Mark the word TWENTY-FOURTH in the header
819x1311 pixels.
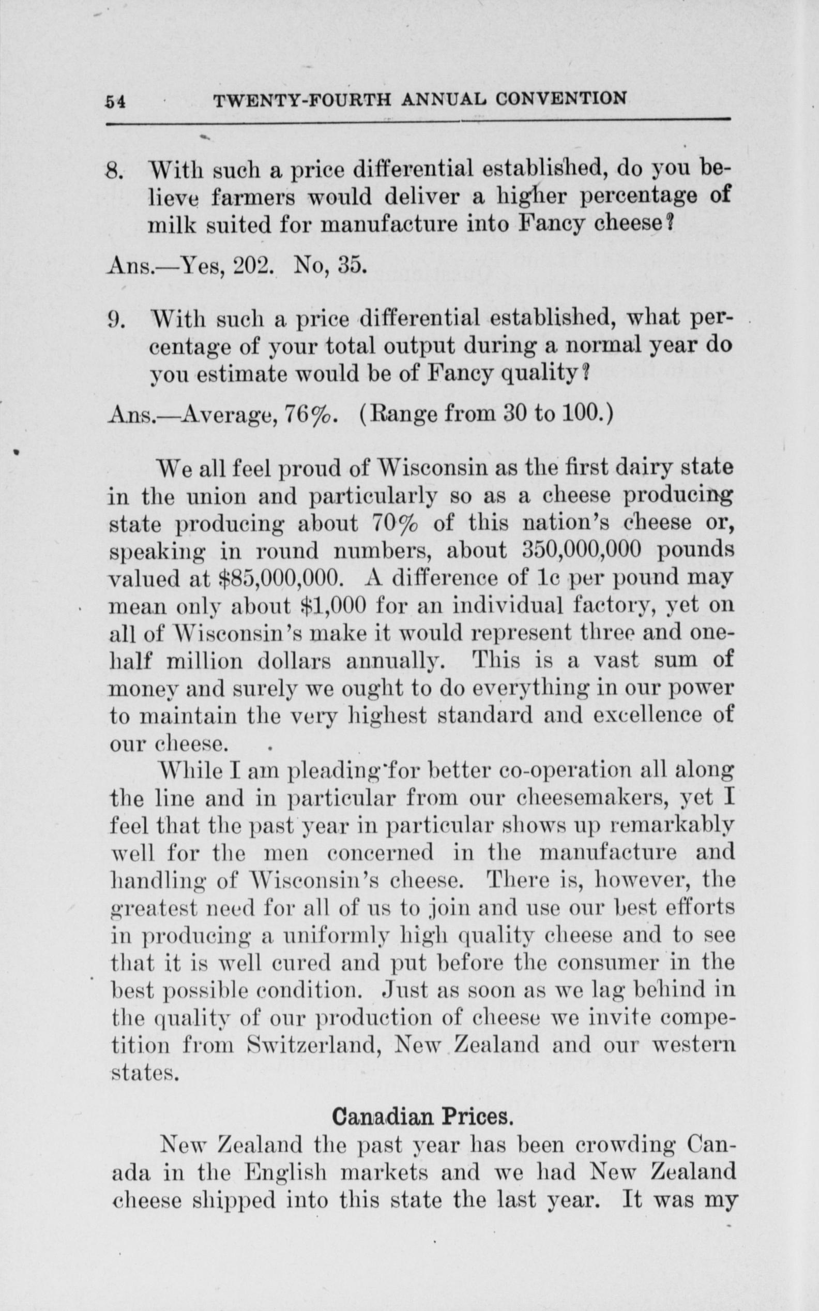pos(303,100)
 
